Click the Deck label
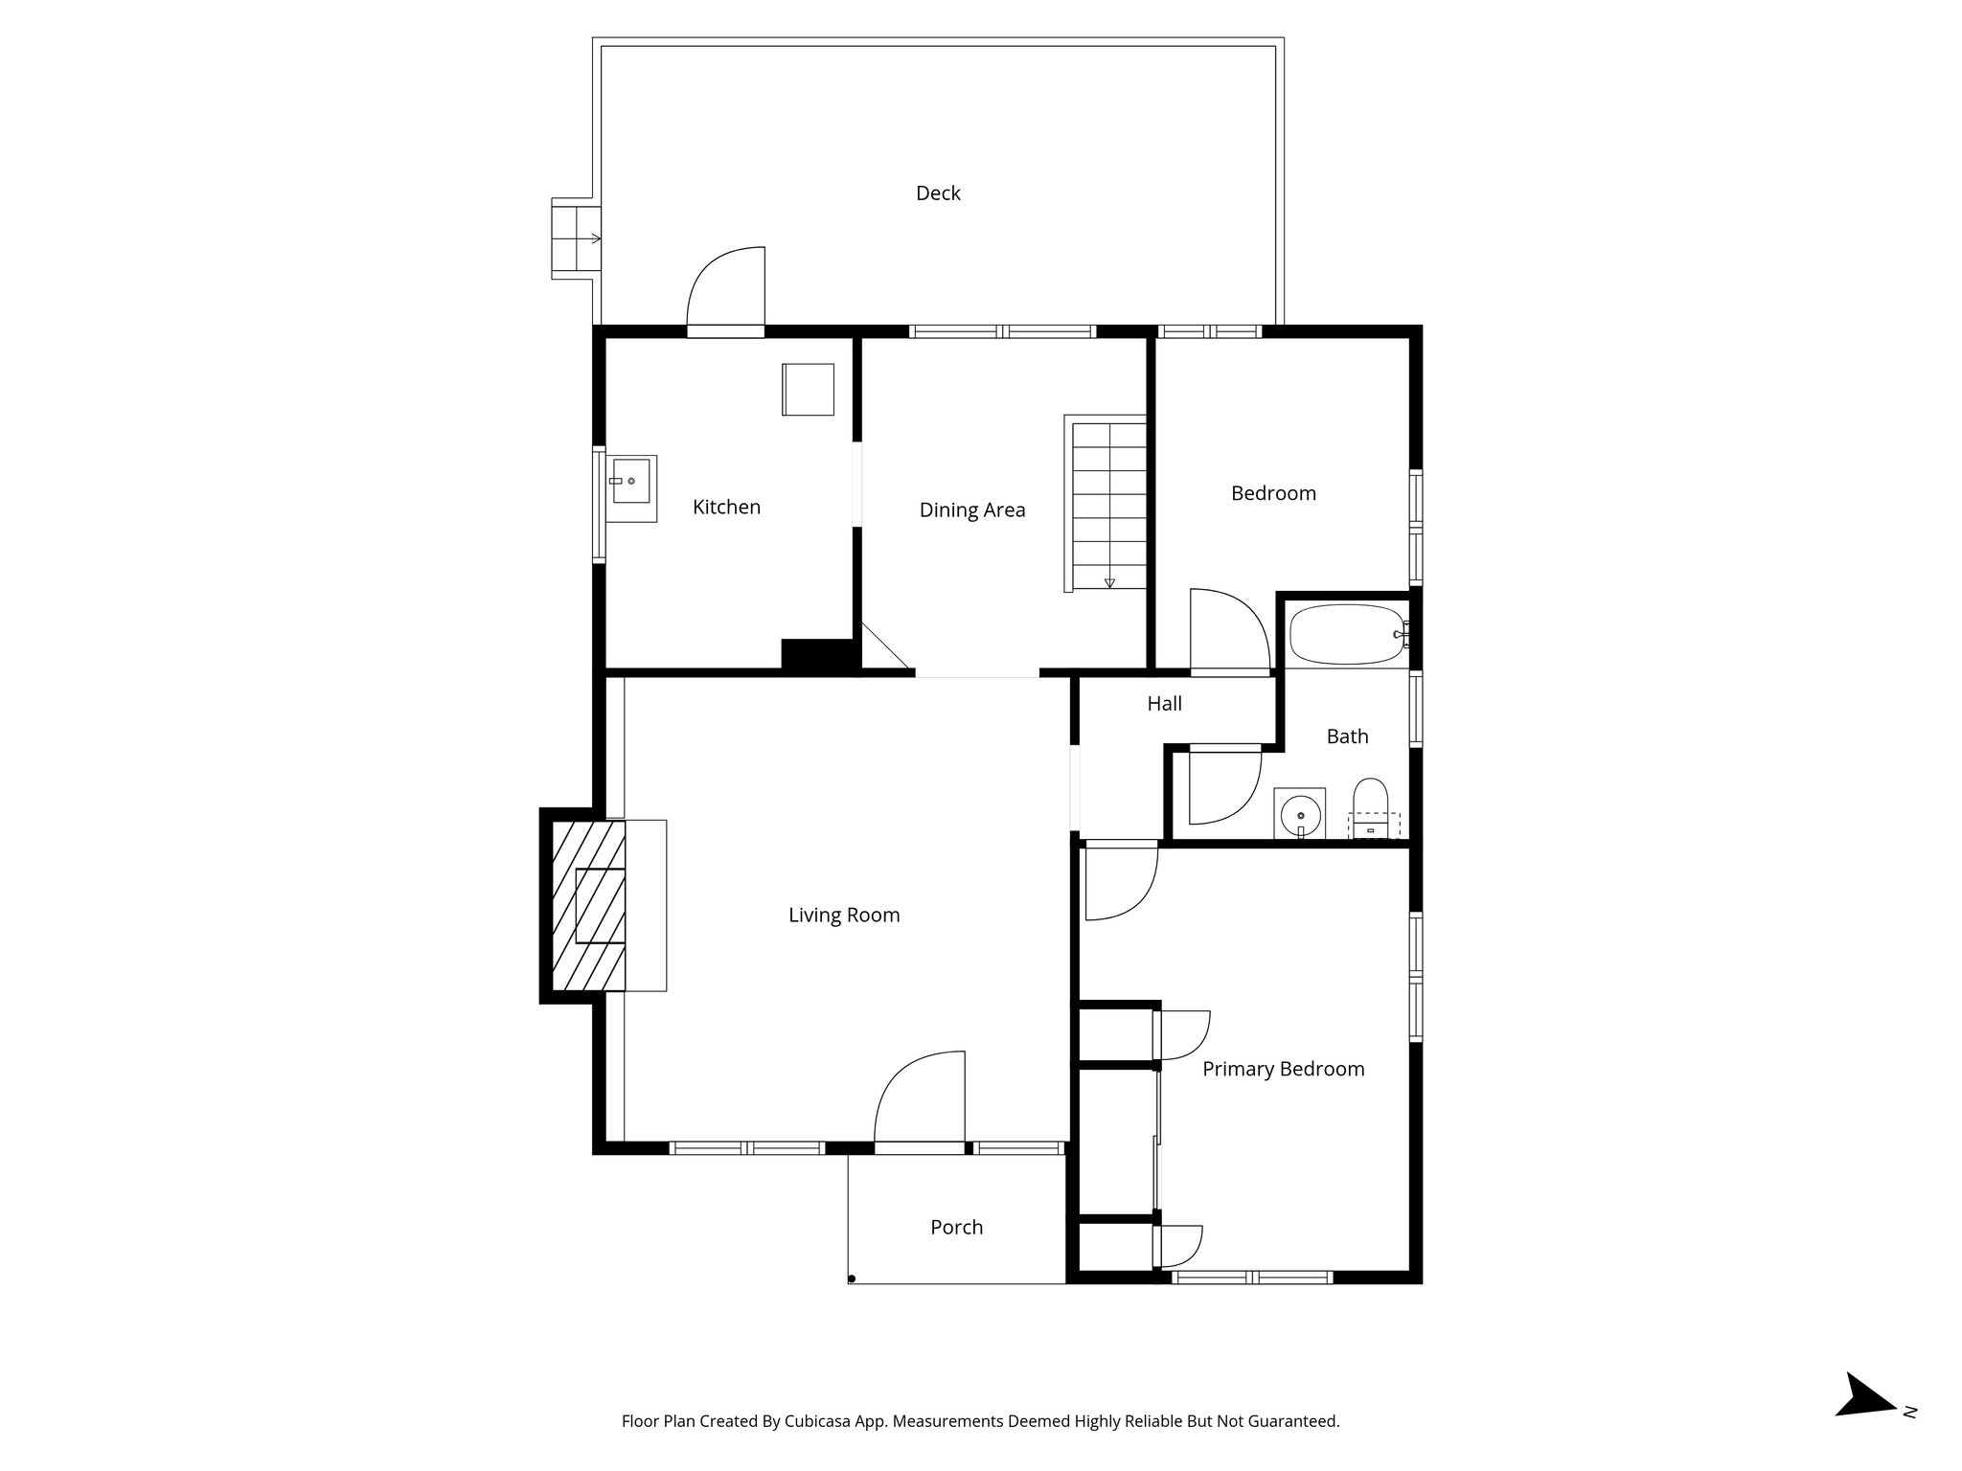(x=938, y=193)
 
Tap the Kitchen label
(x=726, y=508)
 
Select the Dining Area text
(x=971, y=510)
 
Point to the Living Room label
(x=844, y=916)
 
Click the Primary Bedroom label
(x=1283, y=1070)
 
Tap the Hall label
(x=1164, y=704)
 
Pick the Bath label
(x=1347, y=736)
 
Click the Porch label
(x=956, y=1228)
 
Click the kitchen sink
(x=631, y=481)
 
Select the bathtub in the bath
(x=1347, y=633)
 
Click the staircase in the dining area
(x=1108, y=504)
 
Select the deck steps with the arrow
(x=576, y=238)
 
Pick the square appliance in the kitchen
(x=808, y=390)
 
